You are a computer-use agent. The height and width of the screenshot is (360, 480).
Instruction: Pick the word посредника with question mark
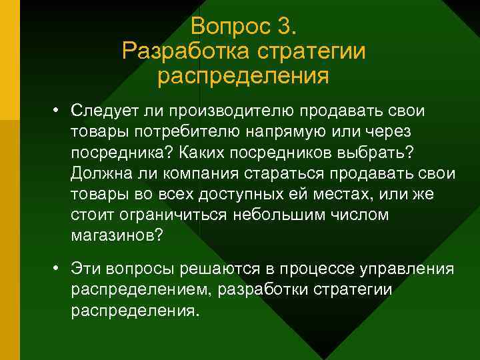pyautogui.click(x=120, y=153)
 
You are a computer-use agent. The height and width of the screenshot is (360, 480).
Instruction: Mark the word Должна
pyautogui.click(x=99, y=174)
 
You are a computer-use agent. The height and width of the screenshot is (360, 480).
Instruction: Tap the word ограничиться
pyautogui.click(x=173, y=217)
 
